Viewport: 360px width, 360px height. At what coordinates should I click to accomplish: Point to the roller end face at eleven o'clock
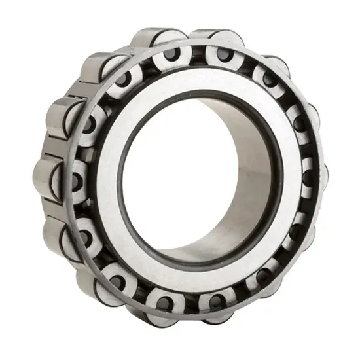[122, 79]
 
